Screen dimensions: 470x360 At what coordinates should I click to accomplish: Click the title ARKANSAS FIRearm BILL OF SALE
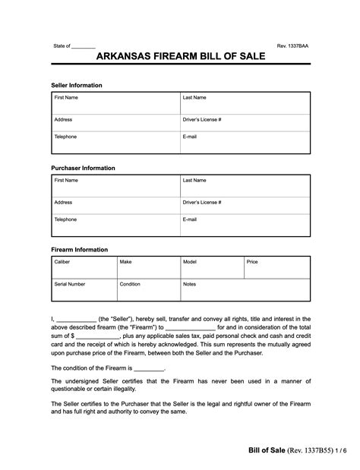coord(179,58)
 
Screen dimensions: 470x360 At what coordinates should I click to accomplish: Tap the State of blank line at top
coord(84,47)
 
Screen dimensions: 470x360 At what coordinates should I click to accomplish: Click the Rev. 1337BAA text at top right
coord(292,46)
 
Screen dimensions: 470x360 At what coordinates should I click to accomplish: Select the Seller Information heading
coord(76,85)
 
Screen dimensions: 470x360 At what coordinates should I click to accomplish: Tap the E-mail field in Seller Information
coord(244,141)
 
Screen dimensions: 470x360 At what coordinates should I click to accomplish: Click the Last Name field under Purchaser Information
coord(244,185)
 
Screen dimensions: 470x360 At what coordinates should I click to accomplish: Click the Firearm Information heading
coord(79,249)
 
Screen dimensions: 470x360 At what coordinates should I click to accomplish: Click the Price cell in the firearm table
coord(276,267)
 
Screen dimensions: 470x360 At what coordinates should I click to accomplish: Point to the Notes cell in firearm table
coord(244,289)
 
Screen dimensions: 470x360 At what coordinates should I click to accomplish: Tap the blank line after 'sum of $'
coord(98,335)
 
